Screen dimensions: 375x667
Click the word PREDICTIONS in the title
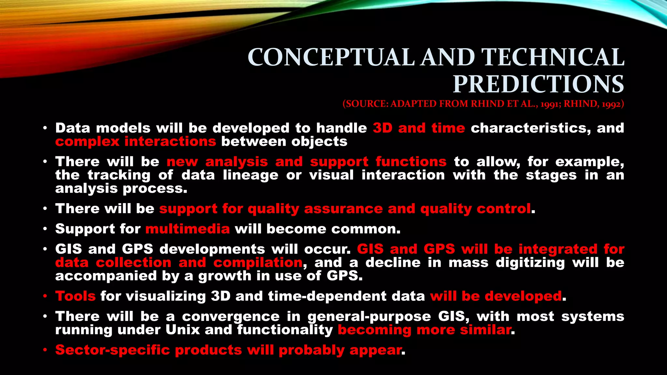(538, 84)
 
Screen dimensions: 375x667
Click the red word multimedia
(188, 229)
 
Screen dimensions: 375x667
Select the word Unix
(182, 330)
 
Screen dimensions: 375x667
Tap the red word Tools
(75, 296)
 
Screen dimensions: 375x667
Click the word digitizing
(530, 263)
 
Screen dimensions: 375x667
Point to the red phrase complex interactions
(135, 142)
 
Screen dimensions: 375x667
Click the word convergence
(231, 316)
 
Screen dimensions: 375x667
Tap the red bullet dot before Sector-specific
(46, 350)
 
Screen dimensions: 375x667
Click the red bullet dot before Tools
(46, 297)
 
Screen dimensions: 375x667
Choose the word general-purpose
(369, 316)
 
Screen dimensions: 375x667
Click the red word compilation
(258, 263)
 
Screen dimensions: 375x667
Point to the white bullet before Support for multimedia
(46, 229)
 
